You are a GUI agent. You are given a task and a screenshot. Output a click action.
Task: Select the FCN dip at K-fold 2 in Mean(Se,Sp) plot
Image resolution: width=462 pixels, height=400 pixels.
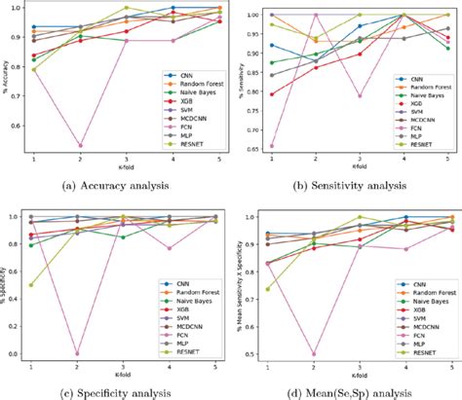pyautogui.click(x=313, y=353)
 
